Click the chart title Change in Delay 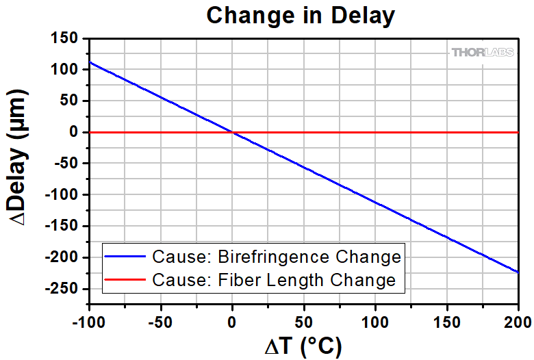[x=301, y=15]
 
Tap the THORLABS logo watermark [x=482, y=52]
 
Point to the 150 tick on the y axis [x=65, y=38]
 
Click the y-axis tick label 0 [x=75, y=132]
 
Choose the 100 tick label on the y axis [x=65, y=70]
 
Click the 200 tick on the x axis [x=518, y=321]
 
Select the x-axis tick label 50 [x=303, y=321]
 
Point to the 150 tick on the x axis [x=446, y=321]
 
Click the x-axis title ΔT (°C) [x=303, y=346]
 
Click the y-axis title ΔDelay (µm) [x=19, y=162]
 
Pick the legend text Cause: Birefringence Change [x=276, y=257]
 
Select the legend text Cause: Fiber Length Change [x=274, y=280]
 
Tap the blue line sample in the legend [x=126, y=257]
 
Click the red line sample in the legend [x=126, y=280]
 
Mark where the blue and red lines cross [x=232, y=132]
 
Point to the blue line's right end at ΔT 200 [x=518, y=272]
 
